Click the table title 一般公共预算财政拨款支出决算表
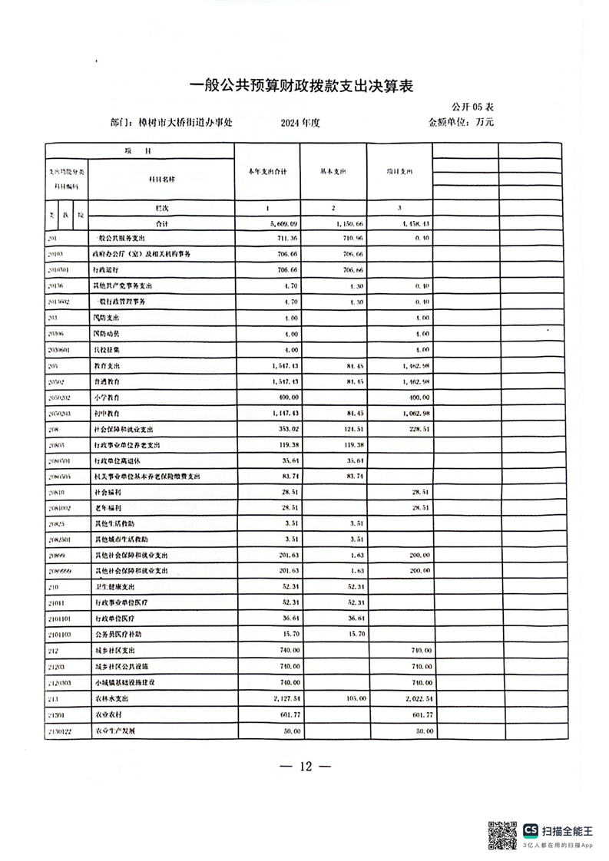tap(301, 86)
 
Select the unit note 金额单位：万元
tap(461, 122)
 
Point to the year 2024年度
tap(304, 123)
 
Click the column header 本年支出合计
tap(266, 172)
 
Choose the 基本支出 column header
tap(333, 172)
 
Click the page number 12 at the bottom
tap(305, 767)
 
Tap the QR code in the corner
tap(503, 835)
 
